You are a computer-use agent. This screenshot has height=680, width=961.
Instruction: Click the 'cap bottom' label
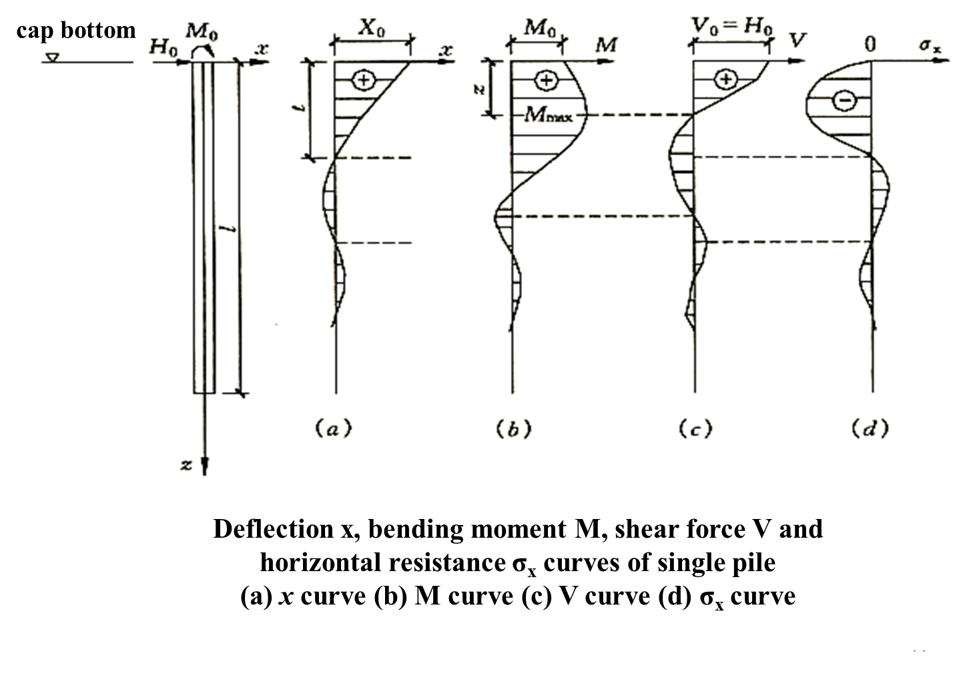(x=75, y=30)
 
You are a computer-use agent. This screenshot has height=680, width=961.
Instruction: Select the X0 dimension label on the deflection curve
(x=371, y=28)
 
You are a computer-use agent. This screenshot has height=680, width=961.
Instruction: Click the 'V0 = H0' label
(x=732, y=27)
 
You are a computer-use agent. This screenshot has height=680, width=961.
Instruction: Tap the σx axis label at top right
(x=930, y=46)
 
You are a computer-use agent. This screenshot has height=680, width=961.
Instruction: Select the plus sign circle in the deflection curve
(x=364, y=80)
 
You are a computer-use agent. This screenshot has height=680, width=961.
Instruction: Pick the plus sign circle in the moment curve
(x=546, y=80)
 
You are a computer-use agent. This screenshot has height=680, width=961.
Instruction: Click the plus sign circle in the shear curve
(x=725, y=80)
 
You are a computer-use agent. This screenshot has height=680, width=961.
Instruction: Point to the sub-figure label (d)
(x=870, y=428)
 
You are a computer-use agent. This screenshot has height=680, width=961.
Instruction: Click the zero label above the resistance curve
(x=870, y=44)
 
